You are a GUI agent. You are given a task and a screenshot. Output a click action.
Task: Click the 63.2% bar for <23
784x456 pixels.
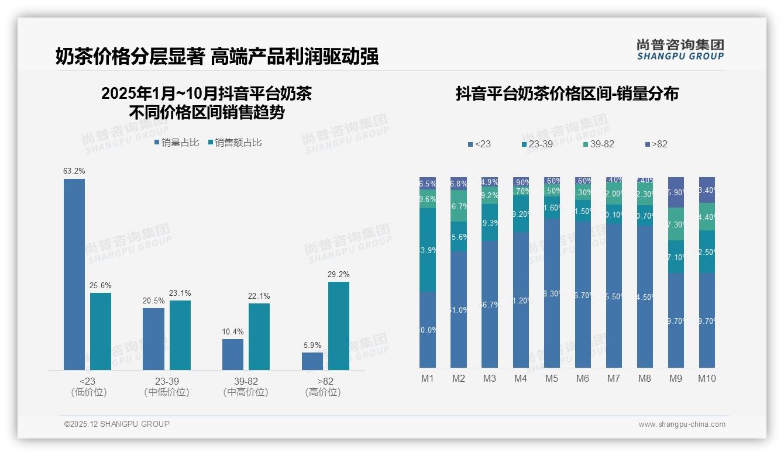click(x=74, y=274)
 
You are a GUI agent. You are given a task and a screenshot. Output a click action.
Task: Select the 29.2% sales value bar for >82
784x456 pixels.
click(x=338, y=326)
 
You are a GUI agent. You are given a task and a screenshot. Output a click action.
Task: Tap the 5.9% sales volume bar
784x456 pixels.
click(x=312, y=361)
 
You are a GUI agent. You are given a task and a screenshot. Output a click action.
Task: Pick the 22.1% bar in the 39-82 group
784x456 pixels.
click(x=259, y=336)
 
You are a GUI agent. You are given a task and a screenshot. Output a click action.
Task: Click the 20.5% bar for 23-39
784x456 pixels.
click(x=153, y=338)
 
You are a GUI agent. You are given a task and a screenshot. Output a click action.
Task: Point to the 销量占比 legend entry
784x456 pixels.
click(x=177, y=143)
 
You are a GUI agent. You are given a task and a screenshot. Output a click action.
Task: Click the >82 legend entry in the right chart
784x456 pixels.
click(x=656, y=144)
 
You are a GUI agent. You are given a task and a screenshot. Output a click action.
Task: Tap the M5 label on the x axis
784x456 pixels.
click(x=551, y=378)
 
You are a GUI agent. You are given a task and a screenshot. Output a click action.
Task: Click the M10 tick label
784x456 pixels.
click(x=707, y=378)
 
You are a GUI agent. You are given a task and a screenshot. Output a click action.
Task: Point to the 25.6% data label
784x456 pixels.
click(x=101, y=285)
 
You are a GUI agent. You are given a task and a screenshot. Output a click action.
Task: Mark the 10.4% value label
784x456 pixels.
click(x=233, y=332)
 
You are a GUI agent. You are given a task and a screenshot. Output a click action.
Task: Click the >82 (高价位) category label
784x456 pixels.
click(x=322, y=386)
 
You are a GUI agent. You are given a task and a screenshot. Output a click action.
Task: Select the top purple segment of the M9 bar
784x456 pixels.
click(x=676, y=192)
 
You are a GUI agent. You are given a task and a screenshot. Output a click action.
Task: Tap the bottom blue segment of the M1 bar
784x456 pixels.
click(x=428, y=330)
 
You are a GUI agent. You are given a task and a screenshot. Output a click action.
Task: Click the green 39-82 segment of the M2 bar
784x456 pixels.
click(x=459, y=206)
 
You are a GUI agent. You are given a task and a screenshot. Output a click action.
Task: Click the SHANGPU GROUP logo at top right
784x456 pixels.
click(x=680, y=49)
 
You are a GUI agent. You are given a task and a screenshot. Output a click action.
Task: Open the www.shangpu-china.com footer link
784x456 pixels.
click(x=682, y=424)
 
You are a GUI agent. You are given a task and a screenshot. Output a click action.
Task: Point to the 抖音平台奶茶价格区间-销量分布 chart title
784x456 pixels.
click(x=567, y=94)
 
